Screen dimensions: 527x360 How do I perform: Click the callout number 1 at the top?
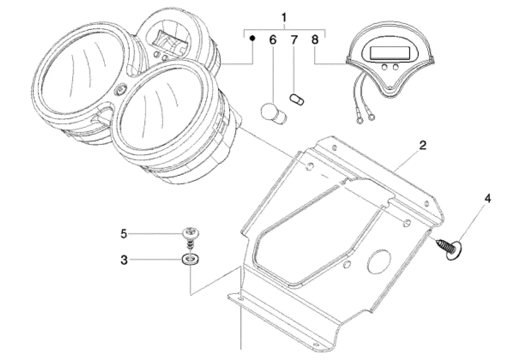(284, 17)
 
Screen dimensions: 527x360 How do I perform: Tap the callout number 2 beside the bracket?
(422, 145)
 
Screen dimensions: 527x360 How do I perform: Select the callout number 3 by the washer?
(124, 260)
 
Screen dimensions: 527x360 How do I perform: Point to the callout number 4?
(488, 199)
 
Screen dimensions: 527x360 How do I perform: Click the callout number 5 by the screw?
(124, 234)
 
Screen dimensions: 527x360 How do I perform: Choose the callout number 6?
(273, 40)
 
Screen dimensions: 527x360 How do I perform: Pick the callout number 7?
(294, 40)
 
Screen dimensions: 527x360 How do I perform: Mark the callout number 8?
(315, 40)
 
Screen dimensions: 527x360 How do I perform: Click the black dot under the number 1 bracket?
(253, 38)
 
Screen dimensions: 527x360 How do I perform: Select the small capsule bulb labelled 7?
(297, 100)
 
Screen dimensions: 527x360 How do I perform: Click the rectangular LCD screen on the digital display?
(390, 52)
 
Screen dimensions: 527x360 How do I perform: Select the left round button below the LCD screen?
(384, 68)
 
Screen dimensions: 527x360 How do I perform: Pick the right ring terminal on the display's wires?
(371, 118)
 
